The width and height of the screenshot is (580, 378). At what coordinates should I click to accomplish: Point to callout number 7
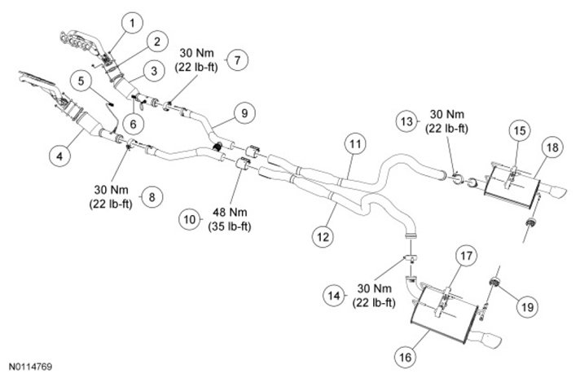235,59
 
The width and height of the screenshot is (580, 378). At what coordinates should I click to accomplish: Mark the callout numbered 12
323,235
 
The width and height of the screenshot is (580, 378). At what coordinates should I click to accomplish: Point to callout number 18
552,147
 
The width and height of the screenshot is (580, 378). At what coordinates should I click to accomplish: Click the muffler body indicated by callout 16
444,316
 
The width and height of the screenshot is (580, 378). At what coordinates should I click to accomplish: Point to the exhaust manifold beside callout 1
81,40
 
